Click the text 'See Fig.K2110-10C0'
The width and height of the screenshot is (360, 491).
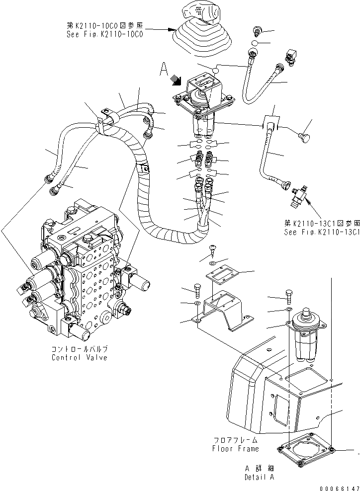(101, 35)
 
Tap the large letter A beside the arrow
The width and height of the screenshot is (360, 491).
(164, 70)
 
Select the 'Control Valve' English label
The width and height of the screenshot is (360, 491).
(79, 358)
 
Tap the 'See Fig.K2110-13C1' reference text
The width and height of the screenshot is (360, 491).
(321, 232)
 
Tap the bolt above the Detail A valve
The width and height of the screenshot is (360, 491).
(290, 295)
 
